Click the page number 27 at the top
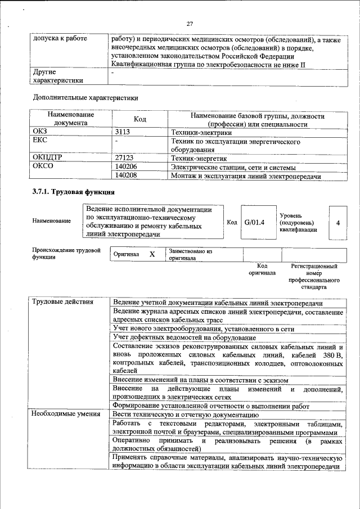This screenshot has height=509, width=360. (x=190, y=24)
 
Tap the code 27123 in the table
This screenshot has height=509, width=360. (x=124, y=158)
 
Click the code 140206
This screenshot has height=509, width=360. (x=125, y=167)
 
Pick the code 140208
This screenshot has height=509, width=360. (x=125, y=176)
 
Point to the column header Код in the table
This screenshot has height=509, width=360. (x=139, y=119)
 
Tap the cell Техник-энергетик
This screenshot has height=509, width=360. (x=197, y=158)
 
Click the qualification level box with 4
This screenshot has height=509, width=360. (x=337, y=223)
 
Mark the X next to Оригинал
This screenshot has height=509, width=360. (x=152, y=254)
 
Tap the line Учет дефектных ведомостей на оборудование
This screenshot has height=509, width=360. (x=184, y=337)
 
